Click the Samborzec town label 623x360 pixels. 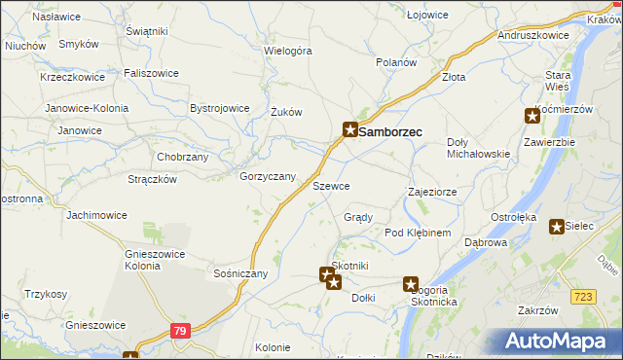390,129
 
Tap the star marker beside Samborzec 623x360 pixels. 349,128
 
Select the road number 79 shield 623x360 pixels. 179,331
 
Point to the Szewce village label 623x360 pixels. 331,185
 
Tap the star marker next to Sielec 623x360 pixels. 556,227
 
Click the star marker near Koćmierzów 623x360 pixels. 532,116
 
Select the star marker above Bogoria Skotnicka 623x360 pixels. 411,283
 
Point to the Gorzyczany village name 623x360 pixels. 268,176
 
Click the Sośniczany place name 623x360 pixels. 240,273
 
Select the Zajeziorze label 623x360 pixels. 432,192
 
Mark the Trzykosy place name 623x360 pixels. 46,294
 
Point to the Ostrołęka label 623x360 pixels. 514,217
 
